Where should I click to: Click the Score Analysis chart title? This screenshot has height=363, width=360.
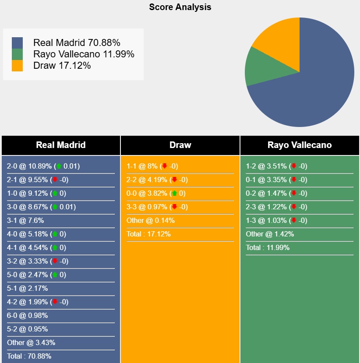(180, 7)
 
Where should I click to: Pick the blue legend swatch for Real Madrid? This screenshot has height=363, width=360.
(18, 43)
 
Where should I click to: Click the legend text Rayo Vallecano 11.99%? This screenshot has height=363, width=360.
(84, 54)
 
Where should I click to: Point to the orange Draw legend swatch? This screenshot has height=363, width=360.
(18, 66)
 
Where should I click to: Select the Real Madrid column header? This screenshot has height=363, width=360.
(61, 145)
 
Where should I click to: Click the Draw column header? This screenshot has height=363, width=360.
(180, 145)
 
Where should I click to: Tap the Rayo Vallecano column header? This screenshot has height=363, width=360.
(300, 145)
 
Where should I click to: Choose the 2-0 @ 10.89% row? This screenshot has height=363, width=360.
(43, 166)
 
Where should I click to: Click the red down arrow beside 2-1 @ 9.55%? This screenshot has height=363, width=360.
(55, 180)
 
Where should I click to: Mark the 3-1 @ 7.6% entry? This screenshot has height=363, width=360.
(25, 221)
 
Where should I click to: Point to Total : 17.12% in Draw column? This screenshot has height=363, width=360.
(148, 234)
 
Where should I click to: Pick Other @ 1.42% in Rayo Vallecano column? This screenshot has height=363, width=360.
(270, 234)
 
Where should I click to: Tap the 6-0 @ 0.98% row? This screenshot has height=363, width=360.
(27, 316)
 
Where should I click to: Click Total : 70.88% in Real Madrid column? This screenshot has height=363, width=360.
(29, 356)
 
